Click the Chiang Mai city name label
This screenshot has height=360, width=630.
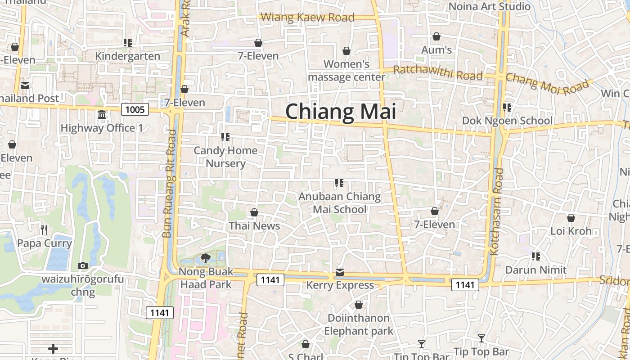(x=341, y=112)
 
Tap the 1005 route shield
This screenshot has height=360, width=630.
(x=135, y=109)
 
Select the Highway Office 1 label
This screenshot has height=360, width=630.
(x=102, y=128)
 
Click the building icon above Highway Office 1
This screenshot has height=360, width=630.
(x=102, y=115)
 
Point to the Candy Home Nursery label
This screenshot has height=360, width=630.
(x=225, y=157)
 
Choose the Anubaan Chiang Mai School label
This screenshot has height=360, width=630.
(x=340, y=203)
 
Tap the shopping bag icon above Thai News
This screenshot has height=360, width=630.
(x=254, y=212)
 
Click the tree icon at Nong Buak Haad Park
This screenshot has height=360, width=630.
(x=206, y=258)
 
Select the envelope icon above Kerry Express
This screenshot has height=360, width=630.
(x=340, y=272)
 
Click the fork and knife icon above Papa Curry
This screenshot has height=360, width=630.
(x=44, y=230)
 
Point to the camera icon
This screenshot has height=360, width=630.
(x=83, y=266)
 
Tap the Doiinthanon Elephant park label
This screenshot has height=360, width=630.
(x=359, y=324)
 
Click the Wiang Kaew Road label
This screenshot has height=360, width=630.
(x=308, y=18)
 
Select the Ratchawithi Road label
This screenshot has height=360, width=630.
(x=438, y=72)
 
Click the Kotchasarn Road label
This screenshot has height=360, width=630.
(x=497, y=211)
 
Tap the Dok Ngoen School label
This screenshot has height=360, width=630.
(x=508, y=121)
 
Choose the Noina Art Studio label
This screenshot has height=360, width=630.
(x=490, y=6)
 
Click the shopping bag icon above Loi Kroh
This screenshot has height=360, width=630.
(x=571, y=218)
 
